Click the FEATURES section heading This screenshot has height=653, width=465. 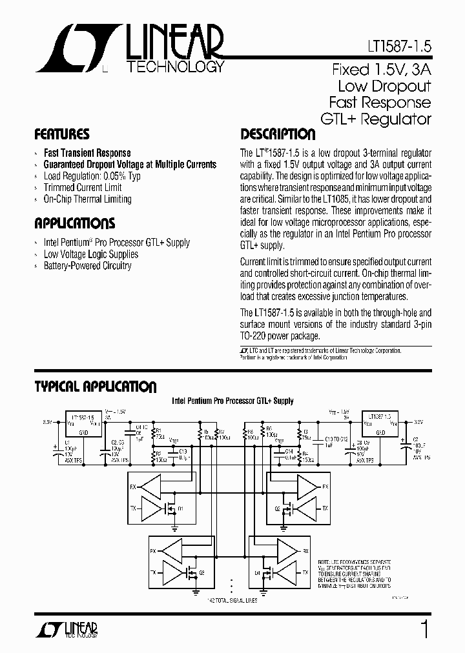tap(61, 135)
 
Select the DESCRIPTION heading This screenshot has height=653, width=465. tap(278, 135)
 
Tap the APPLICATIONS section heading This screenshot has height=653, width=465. tap(74, 224)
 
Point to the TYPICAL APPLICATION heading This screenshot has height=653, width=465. tap(95, 387)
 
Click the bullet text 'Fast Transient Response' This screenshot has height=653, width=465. tap(87, 153)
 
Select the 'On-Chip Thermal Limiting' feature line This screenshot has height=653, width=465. tap(87, 199)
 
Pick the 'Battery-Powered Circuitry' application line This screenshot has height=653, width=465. tap(87, 266)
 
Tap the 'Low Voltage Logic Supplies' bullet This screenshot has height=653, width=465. tap(90, 254)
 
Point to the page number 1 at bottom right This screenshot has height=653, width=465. tap(424, 628)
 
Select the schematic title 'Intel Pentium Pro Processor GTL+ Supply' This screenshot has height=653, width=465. tap(232, 401)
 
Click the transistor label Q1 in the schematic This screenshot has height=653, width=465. tap(181, 509)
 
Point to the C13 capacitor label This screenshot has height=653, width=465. tap(182, 451)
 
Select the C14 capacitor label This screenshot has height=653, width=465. tap(289, 451)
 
